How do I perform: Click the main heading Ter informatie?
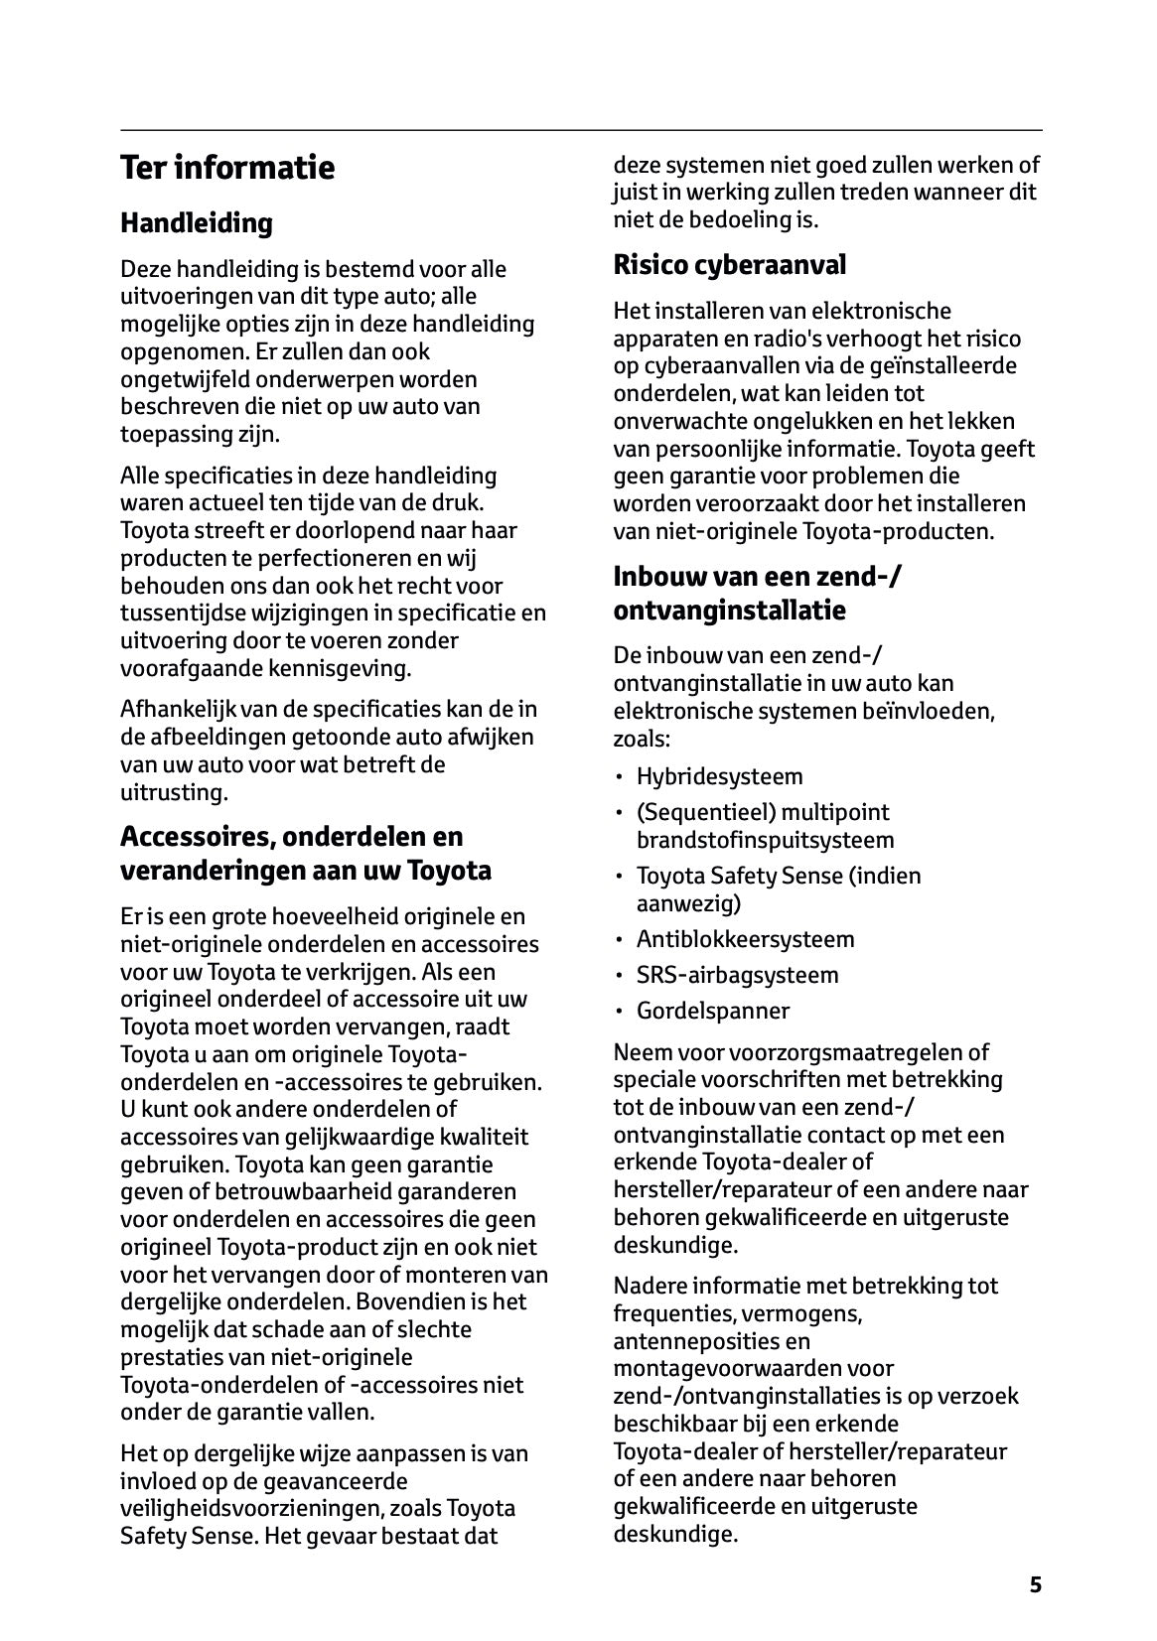[227, 168]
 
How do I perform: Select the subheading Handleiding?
[196, 223]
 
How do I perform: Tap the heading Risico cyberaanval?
[729, 265]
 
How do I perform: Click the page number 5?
[1036, 1584]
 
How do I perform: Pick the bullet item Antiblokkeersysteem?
[745, 939]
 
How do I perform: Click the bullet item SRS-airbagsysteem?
[737, 975]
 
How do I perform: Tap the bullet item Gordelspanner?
[713, 1011]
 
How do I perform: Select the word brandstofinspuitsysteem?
[765, 840]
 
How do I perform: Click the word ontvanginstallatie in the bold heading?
[729, 611]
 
